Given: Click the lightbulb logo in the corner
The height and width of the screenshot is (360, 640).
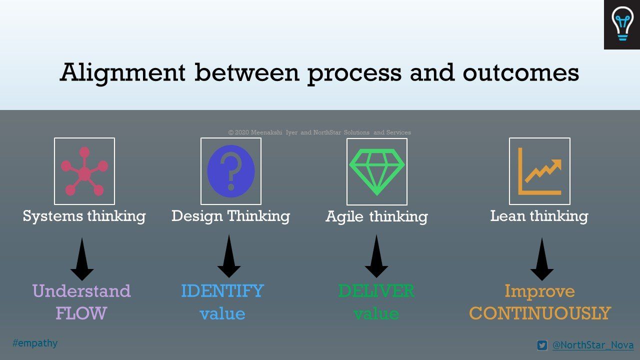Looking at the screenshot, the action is [621, 24].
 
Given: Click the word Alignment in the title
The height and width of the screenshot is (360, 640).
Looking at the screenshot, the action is [123, 73].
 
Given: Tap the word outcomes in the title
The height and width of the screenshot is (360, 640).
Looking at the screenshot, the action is [521, 73].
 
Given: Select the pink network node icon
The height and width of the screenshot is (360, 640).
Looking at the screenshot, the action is [84, 171].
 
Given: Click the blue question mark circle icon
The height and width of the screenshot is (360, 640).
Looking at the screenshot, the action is [231, 171].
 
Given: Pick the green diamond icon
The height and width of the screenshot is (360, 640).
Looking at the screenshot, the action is [377, 171].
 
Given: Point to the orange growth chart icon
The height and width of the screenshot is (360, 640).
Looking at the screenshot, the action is [539, 171].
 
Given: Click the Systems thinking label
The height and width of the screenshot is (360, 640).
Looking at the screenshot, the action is [84, 216].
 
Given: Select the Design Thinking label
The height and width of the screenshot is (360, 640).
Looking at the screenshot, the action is [231, 216].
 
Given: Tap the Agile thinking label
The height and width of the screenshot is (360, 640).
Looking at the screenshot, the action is [377, 216].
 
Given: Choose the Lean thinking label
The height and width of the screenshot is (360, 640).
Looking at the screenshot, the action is [539, 216].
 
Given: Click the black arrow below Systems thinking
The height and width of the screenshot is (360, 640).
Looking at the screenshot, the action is [82, 259].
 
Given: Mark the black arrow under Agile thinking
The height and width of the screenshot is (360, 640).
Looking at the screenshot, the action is [376, 256].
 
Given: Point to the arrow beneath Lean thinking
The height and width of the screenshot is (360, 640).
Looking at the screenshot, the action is [542, 259].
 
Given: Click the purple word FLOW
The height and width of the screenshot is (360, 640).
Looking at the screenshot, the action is [81, 313].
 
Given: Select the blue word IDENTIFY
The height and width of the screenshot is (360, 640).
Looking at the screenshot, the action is [222, 291].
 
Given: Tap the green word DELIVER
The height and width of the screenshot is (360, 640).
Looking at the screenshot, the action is [376, 291].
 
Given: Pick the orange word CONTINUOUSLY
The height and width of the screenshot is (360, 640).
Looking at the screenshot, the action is [540, 313].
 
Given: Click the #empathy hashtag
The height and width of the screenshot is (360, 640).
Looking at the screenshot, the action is [35, 343].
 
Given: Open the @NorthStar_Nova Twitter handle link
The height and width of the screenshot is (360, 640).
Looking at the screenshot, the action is [593, 345].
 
